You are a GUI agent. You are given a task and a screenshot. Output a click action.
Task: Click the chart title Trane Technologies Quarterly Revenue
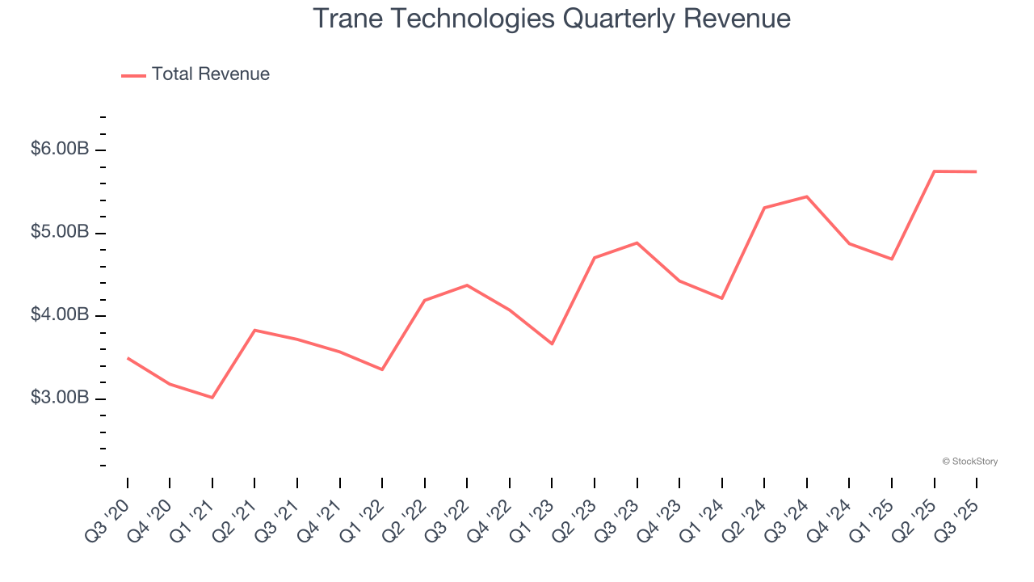552,18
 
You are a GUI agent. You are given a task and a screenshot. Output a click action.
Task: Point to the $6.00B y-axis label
60,150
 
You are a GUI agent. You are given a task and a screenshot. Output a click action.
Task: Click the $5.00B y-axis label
60,233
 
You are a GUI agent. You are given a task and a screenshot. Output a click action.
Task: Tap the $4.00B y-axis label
60,315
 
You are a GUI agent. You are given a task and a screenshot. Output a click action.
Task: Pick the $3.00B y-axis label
60,399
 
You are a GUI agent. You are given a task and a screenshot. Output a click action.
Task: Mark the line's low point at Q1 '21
212,398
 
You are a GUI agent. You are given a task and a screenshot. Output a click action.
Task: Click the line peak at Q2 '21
254,330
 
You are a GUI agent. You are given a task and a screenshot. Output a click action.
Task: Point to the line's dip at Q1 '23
552,344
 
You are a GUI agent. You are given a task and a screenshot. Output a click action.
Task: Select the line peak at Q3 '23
637,242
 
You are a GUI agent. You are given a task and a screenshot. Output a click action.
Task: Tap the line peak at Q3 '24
807,196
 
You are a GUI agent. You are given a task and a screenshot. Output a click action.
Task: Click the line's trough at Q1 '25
892,259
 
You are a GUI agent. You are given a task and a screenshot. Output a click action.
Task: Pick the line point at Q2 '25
934,171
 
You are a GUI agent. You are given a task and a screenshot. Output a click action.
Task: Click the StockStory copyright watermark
969,462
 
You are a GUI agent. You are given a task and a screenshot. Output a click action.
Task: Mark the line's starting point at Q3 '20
128,357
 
